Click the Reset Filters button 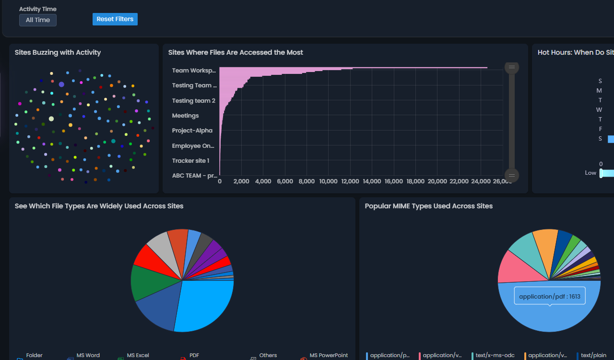point(115,19)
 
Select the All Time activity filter point(38,20)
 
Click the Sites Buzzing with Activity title point(58,52)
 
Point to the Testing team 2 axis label point(193,101)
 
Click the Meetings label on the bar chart point(185,116)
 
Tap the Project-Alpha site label point(192,131)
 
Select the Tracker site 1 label point(190,161)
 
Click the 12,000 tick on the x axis point(350,181)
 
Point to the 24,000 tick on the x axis point(481,181)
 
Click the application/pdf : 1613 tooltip point(549,297)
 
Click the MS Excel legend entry point(138,356)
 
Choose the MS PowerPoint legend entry point(328,356)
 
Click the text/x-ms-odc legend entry point(495,356)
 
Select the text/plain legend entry point(593,356)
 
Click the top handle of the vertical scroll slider point(511,67)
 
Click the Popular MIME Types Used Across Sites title point(428,206)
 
